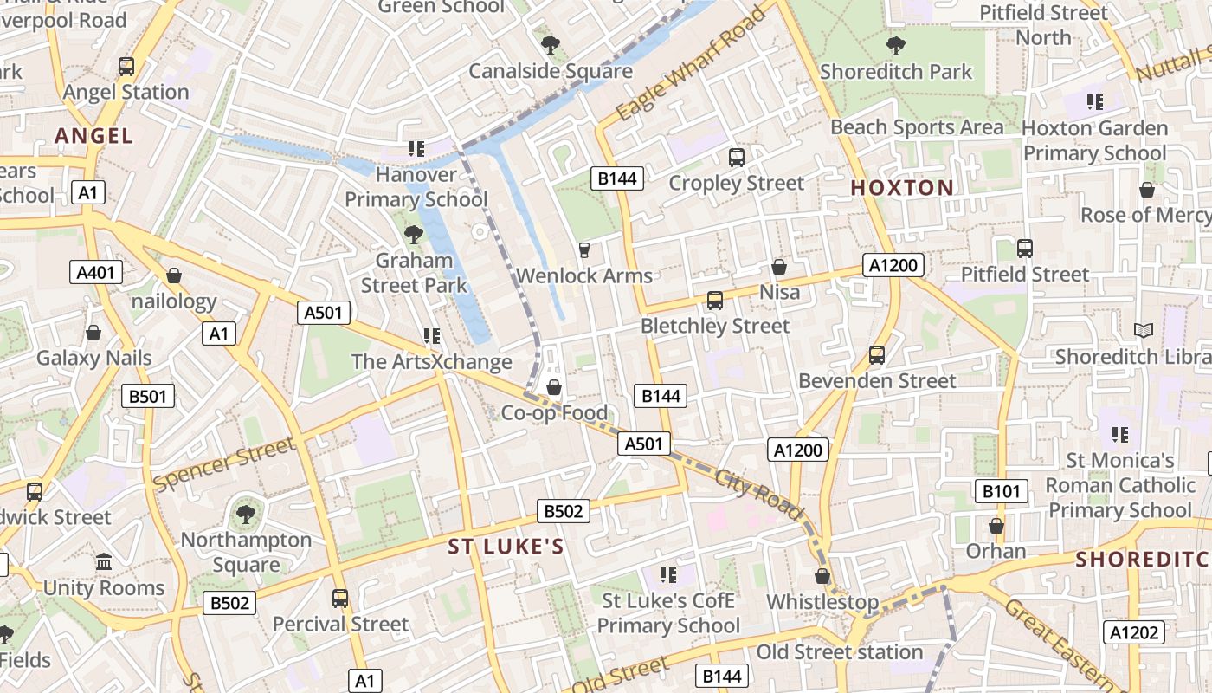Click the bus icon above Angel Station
126,67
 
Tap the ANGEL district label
93,136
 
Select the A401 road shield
95,273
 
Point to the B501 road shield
148,397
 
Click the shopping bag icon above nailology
174,276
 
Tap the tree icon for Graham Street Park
414,233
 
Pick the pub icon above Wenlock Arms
584,250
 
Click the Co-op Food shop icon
554,387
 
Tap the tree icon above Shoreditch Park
896,45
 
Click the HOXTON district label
901,188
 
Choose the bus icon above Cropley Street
737,158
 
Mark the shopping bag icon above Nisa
779,267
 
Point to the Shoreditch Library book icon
1144,330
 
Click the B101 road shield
1002,492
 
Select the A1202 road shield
1134,633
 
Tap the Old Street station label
840,651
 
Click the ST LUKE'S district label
506,547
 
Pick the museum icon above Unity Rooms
104,562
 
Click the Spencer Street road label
223,464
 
